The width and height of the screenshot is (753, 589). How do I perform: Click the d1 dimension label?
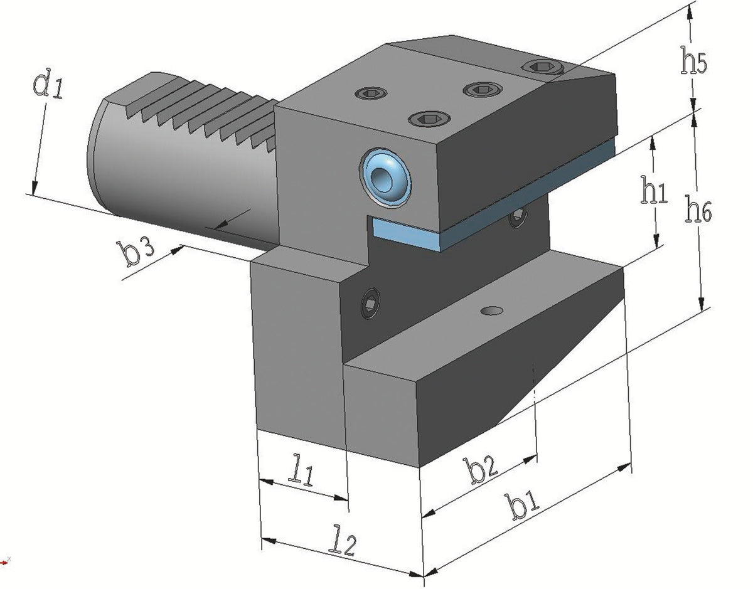pos(48,83)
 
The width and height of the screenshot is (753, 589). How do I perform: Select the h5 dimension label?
pos(693,61)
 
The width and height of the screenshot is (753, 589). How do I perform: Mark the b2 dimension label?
pos(480,470)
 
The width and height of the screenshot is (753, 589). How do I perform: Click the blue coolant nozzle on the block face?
pos(385,178)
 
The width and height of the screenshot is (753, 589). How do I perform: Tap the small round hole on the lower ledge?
pos(492,311)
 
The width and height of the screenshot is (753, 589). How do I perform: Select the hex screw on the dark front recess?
pos(370,303)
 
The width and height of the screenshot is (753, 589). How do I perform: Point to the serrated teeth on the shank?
pos(201,111)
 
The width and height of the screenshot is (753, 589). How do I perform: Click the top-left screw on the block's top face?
pos(371,93)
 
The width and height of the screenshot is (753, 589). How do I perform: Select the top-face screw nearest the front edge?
pos(429,119)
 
